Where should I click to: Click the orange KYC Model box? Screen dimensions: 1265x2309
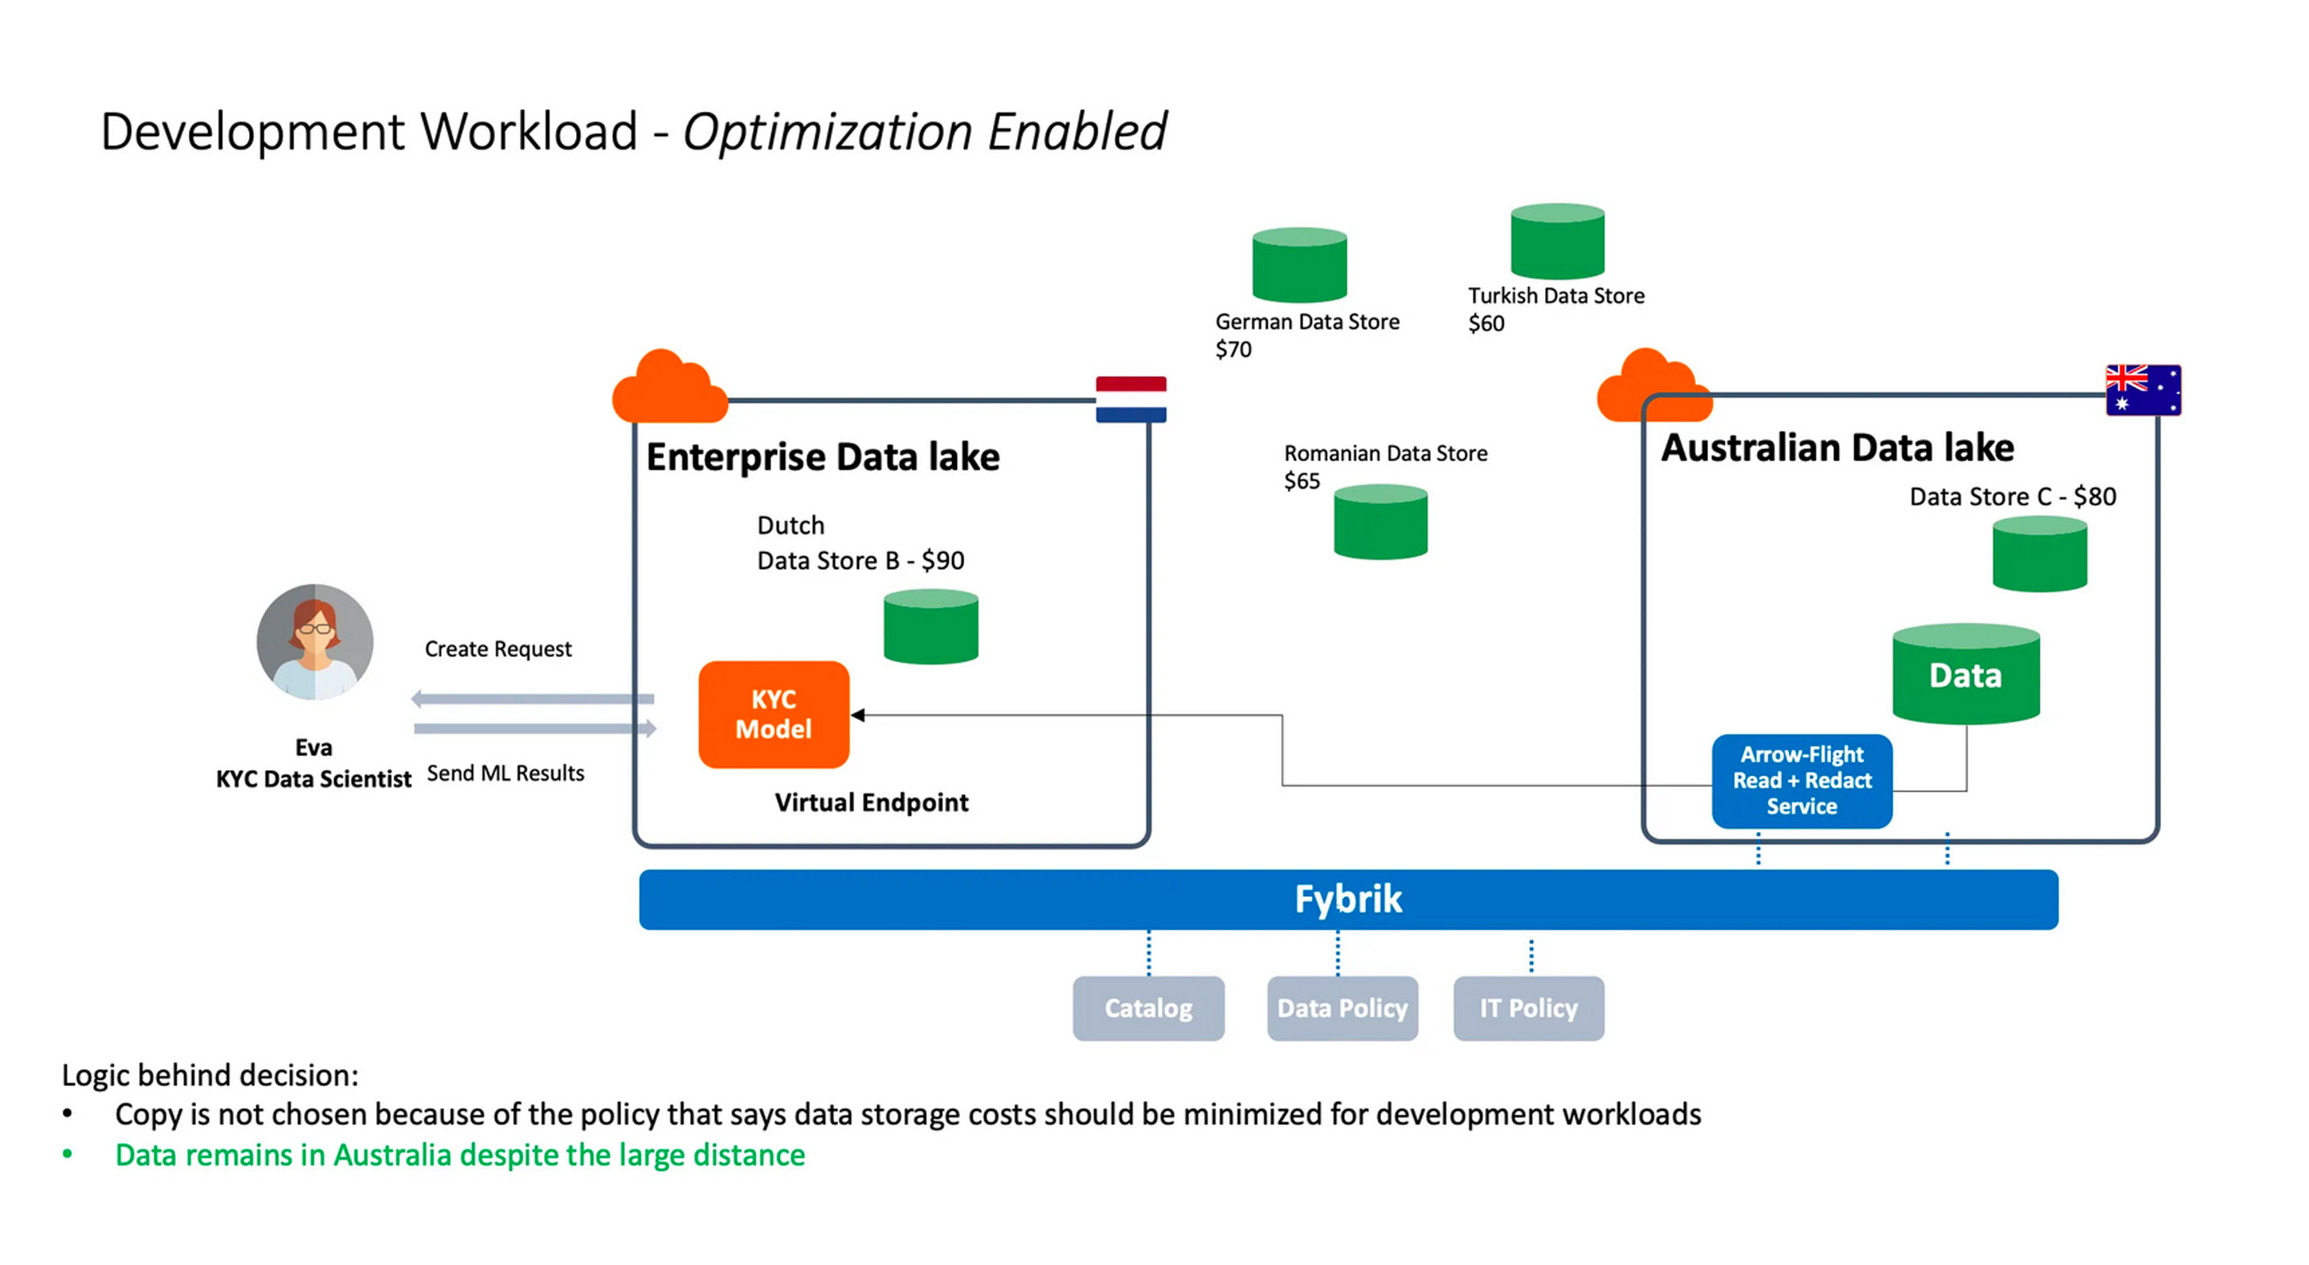(774, 714)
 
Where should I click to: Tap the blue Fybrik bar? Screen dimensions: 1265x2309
(1347, 899)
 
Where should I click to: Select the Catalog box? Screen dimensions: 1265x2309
(1148, 1009)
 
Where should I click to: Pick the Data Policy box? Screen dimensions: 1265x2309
(1342, 1009)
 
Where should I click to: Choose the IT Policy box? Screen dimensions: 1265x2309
(1528, 1009)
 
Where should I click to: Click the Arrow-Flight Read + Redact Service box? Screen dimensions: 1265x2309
(1802, 781)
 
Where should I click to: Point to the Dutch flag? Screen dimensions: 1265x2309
(1131, 399)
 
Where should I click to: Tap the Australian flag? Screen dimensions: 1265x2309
(2143, 390)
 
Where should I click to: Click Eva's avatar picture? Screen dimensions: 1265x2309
(315, 642)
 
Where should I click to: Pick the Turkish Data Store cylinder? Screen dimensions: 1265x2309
(1557, 241)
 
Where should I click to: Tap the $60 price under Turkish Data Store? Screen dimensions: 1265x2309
(1486, 324)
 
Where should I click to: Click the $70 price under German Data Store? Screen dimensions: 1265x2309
(1233, 350)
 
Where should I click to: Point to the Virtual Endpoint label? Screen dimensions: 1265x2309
(871, 802)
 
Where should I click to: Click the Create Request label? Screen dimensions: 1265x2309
(497, 649)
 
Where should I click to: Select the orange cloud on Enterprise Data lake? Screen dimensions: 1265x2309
(668, 388)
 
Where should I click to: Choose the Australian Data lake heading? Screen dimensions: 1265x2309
(1837, 448)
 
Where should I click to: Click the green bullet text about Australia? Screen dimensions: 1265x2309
(460, 1155)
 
